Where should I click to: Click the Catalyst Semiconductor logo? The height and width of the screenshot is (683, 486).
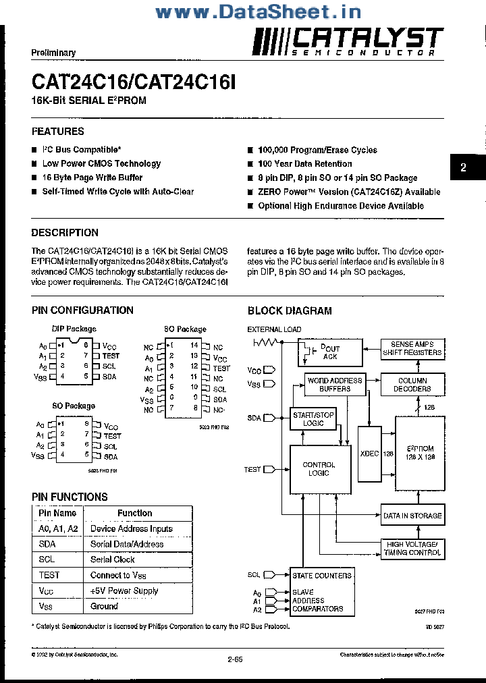click(348, 42)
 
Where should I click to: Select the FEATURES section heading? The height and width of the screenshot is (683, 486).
click(58, 131)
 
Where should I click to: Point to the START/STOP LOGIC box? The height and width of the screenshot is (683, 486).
click(313, 419)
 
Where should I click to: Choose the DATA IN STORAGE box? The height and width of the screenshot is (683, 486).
click(412, 516)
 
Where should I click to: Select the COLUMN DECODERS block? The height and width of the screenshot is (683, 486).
click(412, 385)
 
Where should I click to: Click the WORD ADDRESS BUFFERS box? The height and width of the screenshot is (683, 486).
click(335, 385)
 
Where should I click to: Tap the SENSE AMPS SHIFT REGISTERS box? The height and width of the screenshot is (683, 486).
click(412, 348)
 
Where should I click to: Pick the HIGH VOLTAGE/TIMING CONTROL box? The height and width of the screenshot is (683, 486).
click(412, 548)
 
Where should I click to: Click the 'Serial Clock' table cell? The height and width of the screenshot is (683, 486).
click(113, 559)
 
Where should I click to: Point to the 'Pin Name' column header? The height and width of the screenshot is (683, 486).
click(58, 513)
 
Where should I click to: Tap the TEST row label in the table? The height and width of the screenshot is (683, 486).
click(49, 575)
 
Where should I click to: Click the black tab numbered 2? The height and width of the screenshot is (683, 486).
click(463, 167)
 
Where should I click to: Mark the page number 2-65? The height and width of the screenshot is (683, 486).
click(236, 661)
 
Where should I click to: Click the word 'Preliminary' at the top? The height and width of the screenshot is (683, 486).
click(53, 53)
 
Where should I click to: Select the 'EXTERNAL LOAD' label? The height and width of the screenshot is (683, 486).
click(274, 329)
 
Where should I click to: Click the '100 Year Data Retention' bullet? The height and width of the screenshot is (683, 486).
click(304, 163)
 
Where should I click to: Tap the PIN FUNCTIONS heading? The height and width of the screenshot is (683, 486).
click(70, 497)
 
